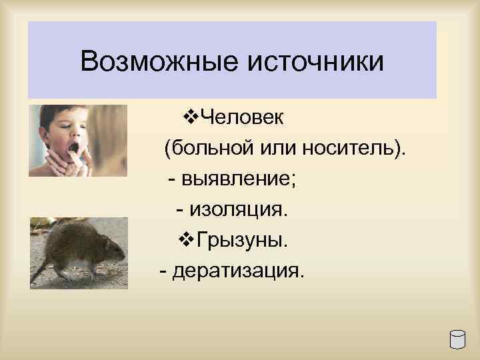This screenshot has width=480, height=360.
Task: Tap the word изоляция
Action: (241, 210)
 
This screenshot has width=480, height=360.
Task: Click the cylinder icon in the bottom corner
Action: (457, 339)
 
